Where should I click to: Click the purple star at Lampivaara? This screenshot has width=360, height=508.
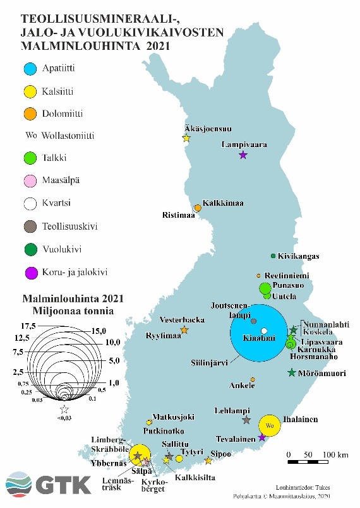(243, 155)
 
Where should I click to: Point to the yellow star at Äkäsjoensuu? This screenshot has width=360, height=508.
(186, 138)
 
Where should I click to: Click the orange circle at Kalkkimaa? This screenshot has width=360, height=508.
(198, 208)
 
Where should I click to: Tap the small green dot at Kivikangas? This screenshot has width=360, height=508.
(273, 256)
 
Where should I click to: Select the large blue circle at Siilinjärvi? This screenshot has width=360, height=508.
(260, 333)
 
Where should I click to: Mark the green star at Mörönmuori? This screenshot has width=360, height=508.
(291, 373)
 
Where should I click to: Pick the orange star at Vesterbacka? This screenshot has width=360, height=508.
(184, 330)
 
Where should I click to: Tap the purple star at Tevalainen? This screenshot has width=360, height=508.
(262, 437)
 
